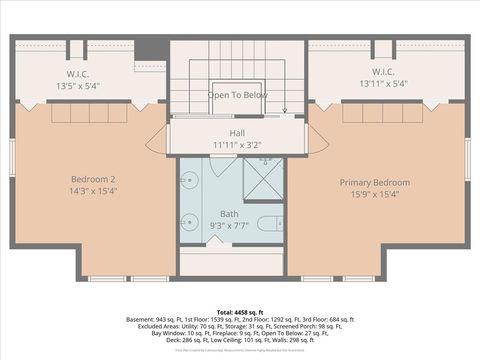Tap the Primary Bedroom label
click(x=374, y=183)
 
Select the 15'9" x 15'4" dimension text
click(x=374, y=195)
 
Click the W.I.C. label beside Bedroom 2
click(x=80, y=73)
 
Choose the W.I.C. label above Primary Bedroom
click(x=382, y=73)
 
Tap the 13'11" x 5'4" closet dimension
click(x=382, y=85)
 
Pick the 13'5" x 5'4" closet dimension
click(x=80, y=85)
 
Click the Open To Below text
click(x=237, y=95)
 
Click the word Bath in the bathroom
click(x=229, y=214)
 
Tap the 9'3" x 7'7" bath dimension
click(x=229, y=226)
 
